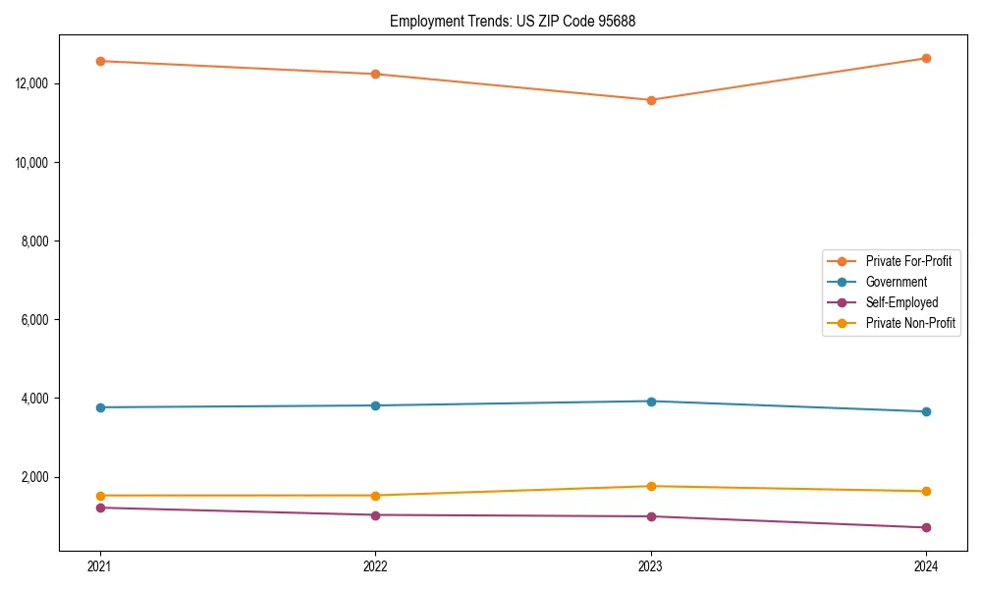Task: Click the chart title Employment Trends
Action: (513, 21)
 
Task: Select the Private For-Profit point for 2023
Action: (651, 100)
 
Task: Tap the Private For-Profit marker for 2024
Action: (926, 58)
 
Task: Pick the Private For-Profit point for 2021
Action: (100, 61)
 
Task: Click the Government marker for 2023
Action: (651, 401)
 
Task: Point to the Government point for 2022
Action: (375, 405)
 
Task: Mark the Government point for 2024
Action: (926, 411)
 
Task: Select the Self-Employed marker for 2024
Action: (926, 527)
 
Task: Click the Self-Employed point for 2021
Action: (100, 508)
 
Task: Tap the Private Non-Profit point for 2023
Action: (651, 486)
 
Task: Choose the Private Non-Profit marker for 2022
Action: (375, 496)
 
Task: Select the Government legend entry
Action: (896, 282)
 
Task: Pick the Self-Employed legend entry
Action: (901, 302)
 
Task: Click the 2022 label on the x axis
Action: (375, 565)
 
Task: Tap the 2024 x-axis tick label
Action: (926, 565)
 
